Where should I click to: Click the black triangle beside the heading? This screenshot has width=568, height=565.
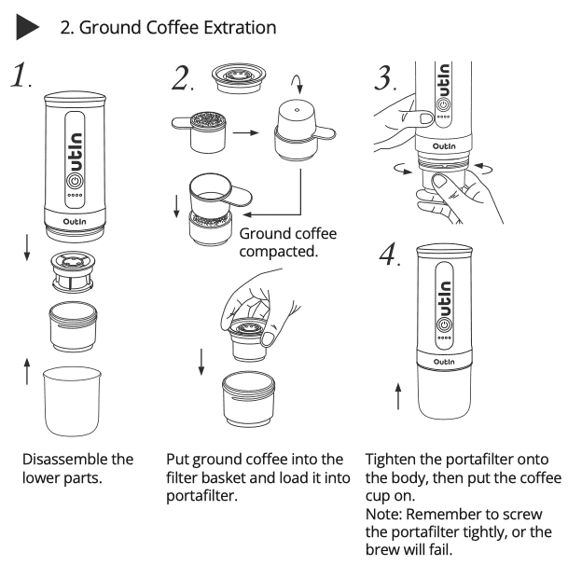pyautogui.click(x=29, y=27)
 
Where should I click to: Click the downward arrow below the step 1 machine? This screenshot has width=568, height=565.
pyautogui.click(x=27, y=247)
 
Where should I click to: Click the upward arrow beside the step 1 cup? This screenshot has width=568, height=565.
pyautogui.click(x=27, y=374)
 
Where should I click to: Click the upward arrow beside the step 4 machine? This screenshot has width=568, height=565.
pyautogui.click(x=399, y=395)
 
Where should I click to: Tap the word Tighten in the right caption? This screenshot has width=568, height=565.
pyautogui.click(x=399, y=459)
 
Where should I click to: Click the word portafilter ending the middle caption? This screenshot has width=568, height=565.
pyautogui.click(x=201, y=495)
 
